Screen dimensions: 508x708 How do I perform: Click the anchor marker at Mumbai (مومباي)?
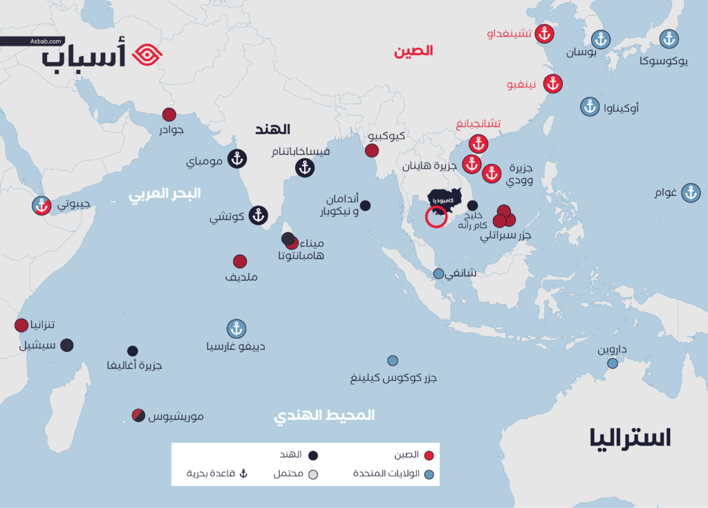(x=237, y=159)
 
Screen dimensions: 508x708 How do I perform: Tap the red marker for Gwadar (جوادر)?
(x=169, y=115)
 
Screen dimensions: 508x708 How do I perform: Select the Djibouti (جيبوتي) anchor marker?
(x=42, y=205)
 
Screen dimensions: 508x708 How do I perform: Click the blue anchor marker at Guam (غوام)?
(x=690, y=193)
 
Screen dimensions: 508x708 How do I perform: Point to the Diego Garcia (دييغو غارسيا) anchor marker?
(x=236, y=328)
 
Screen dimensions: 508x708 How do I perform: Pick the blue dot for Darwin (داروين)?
(x=613, y=363)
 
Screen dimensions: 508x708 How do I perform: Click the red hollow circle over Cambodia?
(x=436, y=216)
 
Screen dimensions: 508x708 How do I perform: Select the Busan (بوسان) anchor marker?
(x=599, y=39)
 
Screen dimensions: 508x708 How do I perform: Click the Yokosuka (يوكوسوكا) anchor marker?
(x=668, y=39)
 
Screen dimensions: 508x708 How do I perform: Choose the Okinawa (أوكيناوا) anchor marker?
(x=589, y=106)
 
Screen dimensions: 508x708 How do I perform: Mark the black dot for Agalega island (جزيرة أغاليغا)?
(x=133, y=351)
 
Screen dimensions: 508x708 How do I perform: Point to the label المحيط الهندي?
(x=324, y=415)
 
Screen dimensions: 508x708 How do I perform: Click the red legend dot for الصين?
(x=429, y=455)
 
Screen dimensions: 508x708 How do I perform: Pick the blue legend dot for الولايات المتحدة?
(x=429, y=475)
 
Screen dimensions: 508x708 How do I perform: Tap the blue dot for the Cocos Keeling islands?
(x=393, y=361)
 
